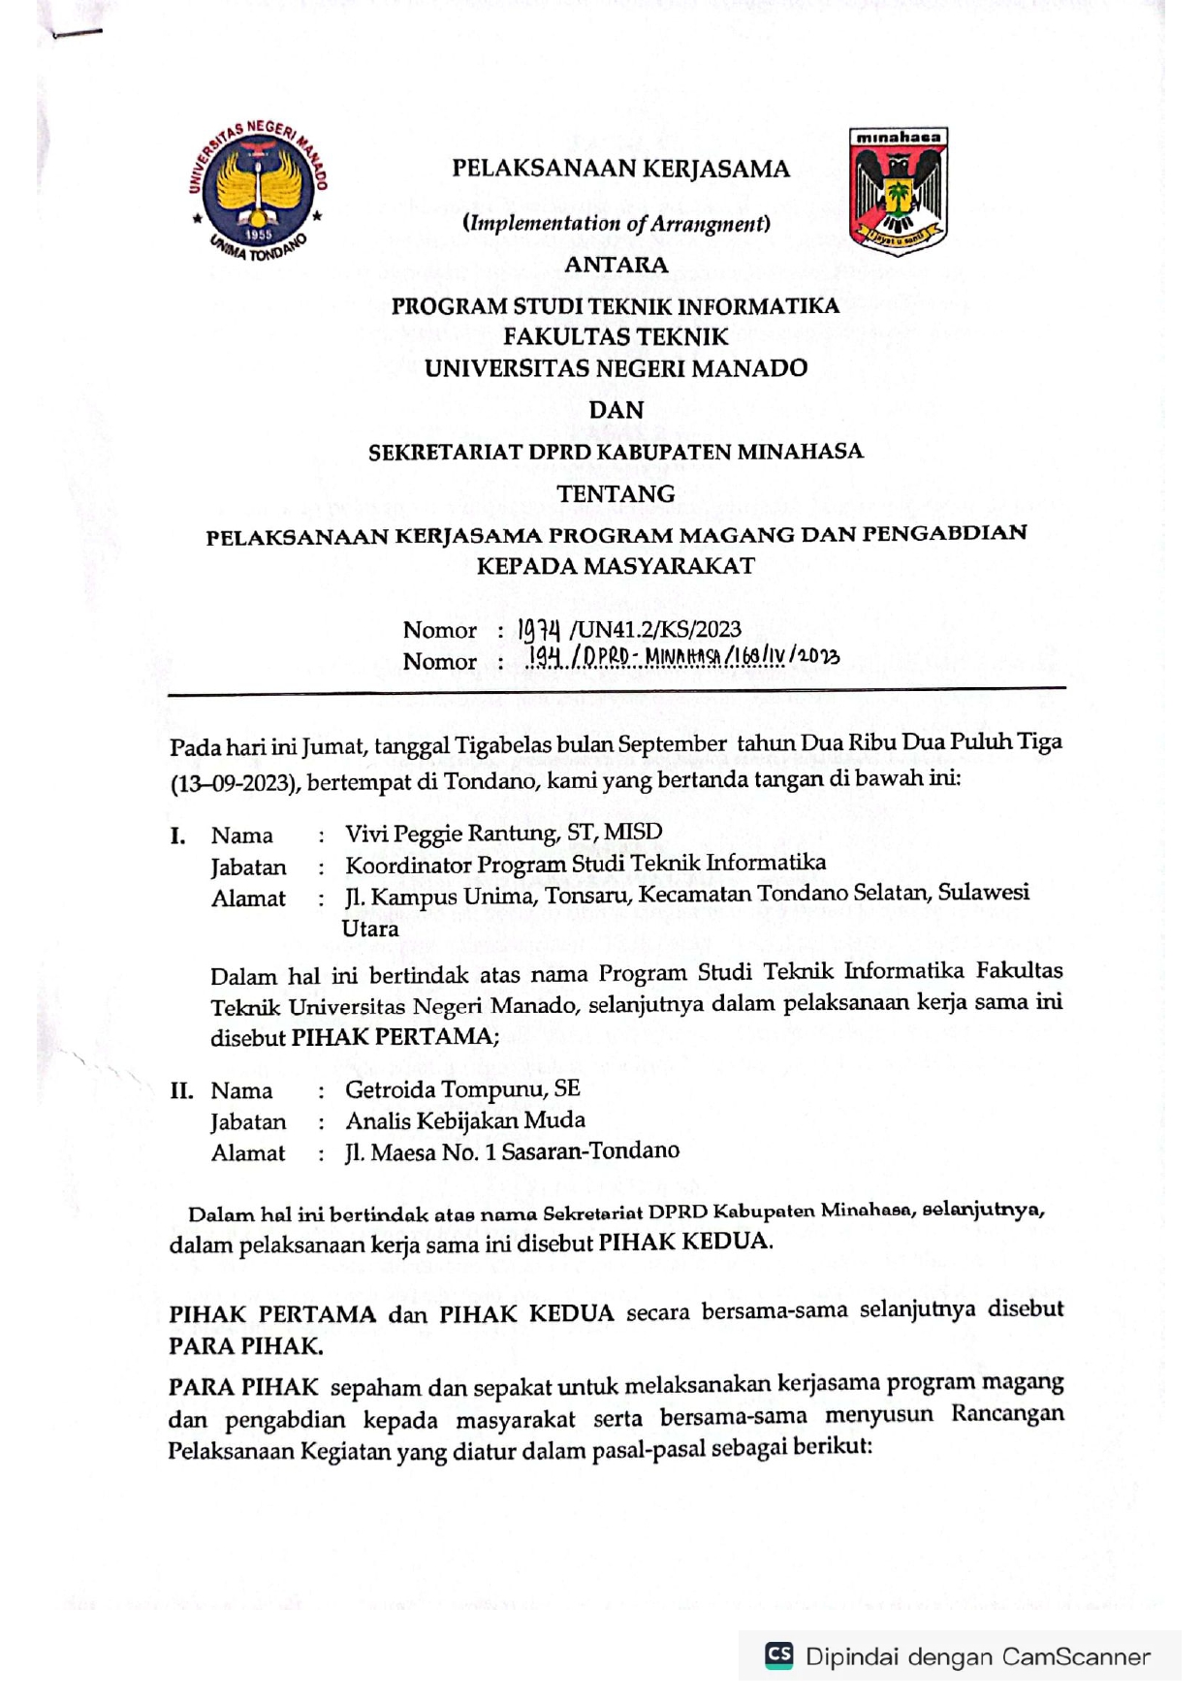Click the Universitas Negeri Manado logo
point(259,192)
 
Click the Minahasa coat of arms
point(898,191)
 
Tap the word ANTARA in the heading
point(617,265)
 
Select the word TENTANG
point(617,493)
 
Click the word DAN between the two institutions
point(617,410)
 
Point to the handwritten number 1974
point(540,631)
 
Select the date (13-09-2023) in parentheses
point(233,783)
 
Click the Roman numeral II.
point(181,1090)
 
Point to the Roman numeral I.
point(177,835)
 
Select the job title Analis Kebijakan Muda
point(465,1120)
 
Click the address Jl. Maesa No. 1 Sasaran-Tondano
point(512,1151)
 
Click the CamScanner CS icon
point(779,1654)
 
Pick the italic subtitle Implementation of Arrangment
point(617,224)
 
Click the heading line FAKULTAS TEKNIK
point(617,336)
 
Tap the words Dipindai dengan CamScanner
point(977,1656)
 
